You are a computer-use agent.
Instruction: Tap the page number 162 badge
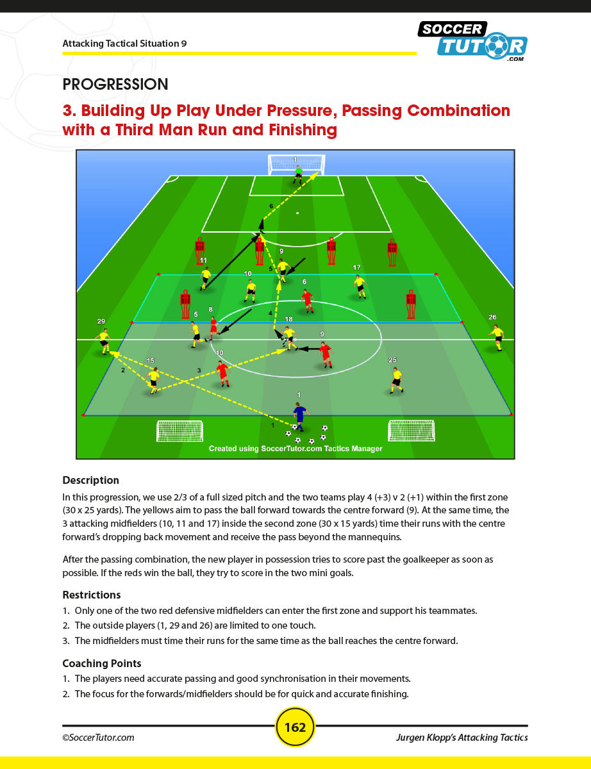(295, 727)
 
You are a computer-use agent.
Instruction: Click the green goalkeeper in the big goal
(298, 174)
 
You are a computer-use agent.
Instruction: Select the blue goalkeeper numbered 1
(299, 415)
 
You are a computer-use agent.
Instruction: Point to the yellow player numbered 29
(104, 340)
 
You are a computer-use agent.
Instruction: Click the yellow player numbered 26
(497, 337)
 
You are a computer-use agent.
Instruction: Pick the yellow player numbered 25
(397, 380)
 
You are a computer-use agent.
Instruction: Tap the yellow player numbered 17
(360, 286)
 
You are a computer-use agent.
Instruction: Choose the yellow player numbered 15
(153, 379)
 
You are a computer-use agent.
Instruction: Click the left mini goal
(179, 431)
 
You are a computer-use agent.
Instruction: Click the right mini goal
(411, 431)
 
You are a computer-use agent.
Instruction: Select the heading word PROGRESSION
(115, 84)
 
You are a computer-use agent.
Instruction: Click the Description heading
(90, 480)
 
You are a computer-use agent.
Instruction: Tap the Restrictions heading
(91, 595)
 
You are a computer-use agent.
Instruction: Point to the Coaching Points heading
(101, 663)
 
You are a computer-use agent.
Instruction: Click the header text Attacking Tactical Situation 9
(124, 44)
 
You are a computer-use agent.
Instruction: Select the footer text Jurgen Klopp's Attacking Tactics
(462, 738)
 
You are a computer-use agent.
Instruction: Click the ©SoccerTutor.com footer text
(98, 738)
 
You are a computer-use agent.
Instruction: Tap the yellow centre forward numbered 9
(283, 270)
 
